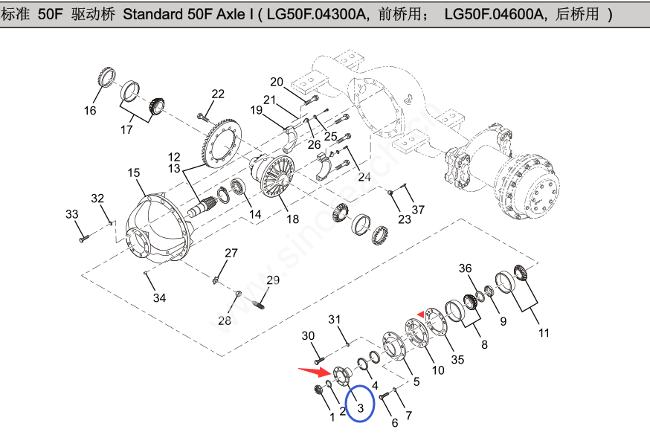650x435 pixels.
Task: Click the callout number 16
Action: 90,112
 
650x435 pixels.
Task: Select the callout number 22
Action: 217,94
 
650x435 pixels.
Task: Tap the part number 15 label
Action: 133,173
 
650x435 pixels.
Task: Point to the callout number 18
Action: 292,219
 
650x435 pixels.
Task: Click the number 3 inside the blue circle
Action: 361,407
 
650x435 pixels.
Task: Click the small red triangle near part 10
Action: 420,315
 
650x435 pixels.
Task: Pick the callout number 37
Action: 418,210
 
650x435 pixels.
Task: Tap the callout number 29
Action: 273,280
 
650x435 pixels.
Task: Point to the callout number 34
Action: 159,298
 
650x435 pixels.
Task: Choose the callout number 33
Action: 71,214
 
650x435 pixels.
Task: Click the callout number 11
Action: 544,332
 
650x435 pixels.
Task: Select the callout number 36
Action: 466,268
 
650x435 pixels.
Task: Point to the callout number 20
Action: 277,82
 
